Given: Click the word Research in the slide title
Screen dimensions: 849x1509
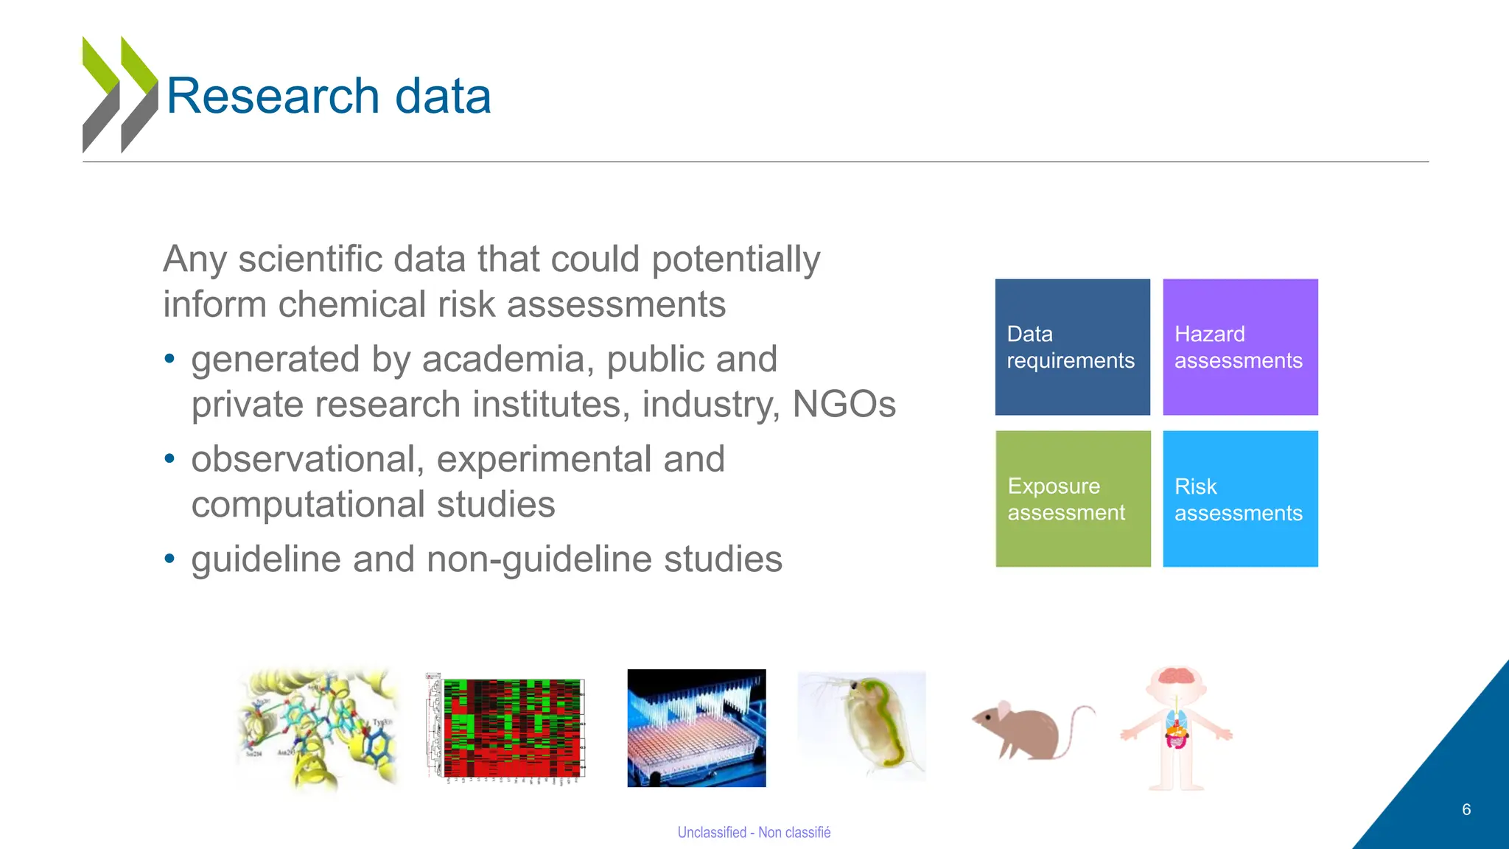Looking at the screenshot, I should point(273,97).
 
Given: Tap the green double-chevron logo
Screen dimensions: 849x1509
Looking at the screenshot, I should point(119,94).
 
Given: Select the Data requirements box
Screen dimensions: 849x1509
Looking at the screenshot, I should point(1072,347).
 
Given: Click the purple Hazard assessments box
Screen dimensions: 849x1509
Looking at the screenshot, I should point(1240,347).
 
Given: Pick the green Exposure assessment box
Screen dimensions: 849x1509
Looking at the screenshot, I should point(1073,499).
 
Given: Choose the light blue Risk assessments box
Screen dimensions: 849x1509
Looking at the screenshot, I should point(1240,499).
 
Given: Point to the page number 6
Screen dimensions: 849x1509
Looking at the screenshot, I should point(1466,809).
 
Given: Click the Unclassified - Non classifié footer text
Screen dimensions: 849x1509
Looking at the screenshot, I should point(754,832).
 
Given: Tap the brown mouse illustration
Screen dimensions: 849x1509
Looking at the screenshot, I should point(1024,730).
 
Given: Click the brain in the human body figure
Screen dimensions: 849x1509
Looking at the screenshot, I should point(1177,677).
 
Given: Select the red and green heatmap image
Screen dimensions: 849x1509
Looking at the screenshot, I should point(506,728).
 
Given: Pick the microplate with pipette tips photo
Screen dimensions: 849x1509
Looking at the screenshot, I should point(696,728).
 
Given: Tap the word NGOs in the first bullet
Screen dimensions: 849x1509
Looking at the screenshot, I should point(844,404).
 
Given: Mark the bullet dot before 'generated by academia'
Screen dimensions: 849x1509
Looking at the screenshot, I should point(170,360).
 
